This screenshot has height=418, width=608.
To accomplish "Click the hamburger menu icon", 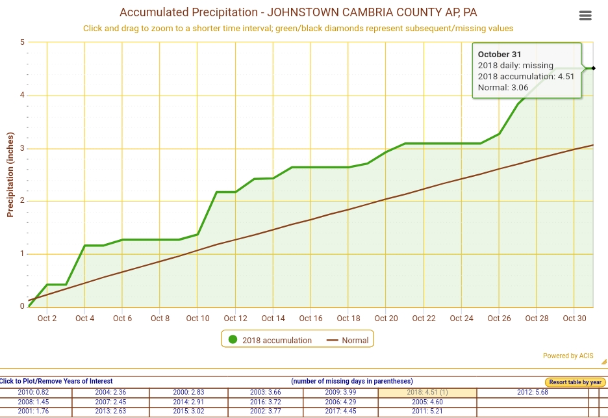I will (x=585, y=16).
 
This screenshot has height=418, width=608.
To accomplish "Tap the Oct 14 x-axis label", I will (x=273, y=319).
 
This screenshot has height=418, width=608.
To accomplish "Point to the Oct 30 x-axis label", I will (x=574, y=319).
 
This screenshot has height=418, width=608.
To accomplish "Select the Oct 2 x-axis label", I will (x=47, y=319).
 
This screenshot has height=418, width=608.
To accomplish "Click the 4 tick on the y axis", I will (x=22, y=96).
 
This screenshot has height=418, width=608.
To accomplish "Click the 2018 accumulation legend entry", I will (x=269, y=340).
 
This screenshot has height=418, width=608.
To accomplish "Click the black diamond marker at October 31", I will (x=593, y=68).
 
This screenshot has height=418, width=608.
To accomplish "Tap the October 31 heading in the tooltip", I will (x=500, y=55).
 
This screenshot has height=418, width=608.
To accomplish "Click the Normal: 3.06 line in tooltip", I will (x=503, y=87).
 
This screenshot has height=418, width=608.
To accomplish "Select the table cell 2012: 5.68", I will (x=533, y=393).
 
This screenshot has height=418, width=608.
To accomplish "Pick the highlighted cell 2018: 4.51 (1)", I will (x=427, y=393).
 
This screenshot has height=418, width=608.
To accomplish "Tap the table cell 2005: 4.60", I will (x=427, y=402).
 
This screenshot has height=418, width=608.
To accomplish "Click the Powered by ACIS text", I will (x=568, y=356).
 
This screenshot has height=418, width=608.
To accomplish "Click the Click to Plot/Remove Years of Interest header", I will (x=57, y=381).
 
